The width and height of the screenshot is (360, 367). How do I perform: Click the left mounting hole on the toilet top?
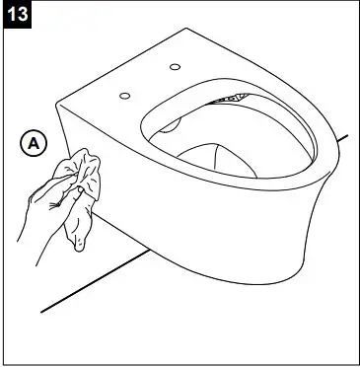tap(125, 96)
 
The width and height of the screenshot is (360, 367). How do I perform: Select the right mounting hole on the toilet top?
tap(176, 67)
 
